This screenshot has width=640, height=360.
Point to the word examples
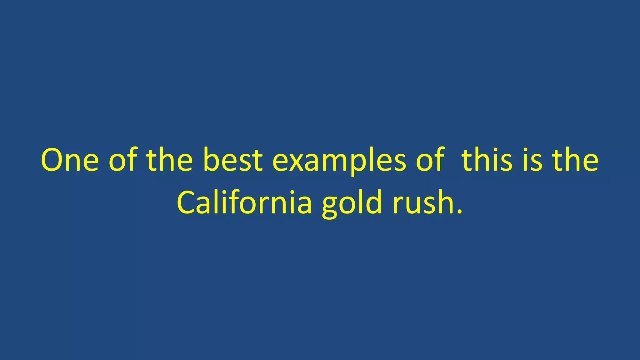tap(339, 161)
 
